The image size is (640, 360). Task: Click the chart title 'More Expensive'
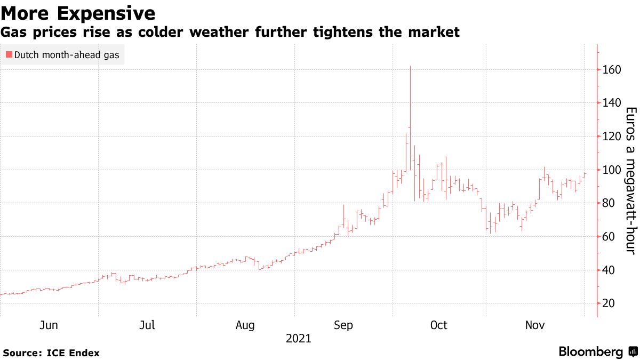coord(78,13)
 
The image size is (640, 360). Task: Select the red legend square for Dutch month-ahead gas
coord(9,54)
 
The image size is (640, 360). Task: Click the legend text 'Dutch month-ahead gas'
coord(67,54)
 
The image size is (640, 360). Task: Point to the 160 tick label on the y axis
coord(611,70)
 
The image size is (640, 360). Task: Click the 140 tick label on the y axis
coord(611,103)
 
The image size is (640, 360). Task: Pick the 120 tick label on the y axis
coord(611,137)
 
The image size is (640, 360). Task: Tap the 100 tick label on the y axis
coord(611,170)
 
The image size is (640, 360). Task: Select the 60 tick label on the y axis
coord(609,237)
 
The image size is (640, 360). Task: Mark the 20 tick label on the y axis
coord(609,303)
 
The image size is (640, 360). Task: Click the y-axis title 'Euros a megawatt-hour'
coord(630,181)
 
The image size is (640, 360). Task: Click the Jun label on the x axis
coord(49,325)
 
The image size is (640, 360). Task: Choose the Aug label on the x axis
coord(245,325)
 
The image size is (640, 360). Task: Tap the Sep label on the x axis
coord(343,325)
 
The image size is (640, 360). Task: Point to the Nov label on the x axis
coord(535,325)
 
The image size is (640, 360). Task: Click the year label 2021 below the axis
coord(298,339)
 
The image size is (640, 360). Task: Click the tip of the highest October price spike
coord(410,66)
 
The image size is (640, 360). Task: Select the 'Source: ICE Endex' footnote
coord(51,353)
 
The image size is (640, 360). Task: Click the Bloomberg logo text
coord(591,352)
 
